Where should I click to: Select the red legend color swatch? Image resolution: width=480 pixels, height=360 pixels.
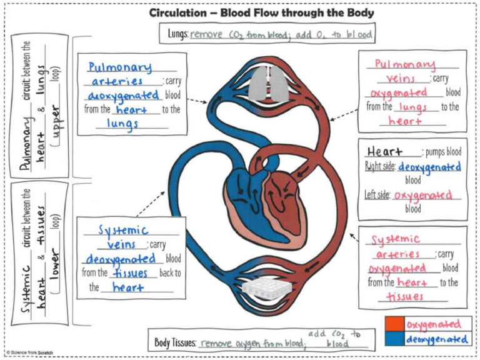(x=395, y=324)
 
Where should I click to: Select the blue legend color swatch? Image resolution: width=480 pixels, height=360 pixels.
(x=395, y=339)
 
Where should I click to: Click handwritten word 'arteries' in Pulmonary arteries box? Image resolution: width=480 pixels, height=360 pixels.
(x=117, y=81)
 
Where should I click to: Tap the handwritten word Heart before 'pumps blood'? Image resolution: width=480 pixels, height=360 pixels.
(x=384, y=152)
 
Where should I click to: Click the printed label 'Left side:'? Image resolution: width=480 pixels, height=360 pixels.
(x=378, y=195)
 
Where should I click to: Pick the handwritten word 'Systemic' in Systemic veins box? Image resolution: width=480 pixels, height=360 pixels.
(x=123, y=230)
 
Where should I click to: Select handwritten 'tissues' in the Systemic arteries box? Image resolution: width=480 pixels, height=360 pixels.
(x=404, y=296)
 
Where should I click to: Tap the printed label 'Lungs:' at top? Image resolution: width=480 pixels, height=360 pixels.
(x=178, y=34)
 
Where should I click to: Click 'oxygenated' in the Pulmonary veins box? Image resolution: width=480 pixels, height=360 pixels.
(x=397, y=93)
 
